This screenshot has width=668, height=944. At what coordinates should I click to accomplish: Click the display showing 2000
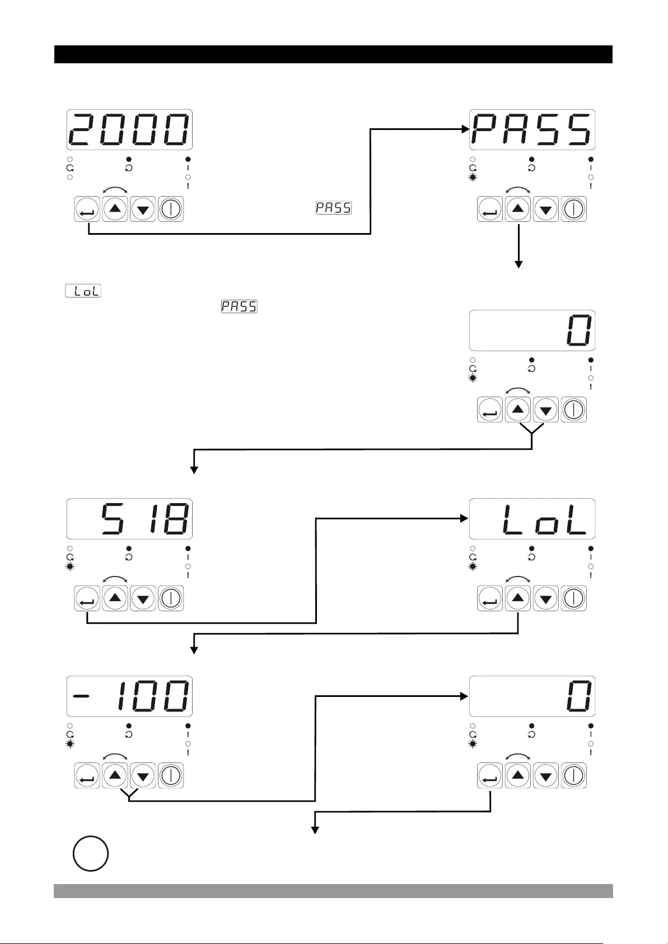[129, 129]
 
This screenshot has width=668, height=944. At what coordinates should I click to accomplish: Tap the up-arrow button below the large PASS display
[518, 210]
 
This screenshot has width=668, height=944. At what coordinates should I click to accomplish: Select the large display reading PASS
[532, 129]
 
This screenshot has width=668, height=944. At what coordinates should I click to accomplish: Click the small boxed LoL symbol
[83, 291]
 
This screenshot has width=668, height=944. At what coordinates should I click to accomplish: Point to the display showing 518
[129, 518]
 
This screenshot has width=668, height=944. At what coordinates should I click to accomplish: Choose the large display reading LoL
[532, 518]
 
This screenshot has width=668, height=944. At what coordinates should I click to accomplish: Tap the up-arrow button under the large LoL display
[518, 598]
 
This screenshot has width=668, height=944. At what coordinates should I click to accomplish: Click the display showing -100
[129, 696]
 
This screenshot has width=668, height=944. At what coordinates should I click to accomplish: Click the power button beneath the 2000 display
[171, 210]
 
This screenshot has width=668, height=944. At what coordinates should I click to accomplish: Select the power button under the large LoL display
[573, 598]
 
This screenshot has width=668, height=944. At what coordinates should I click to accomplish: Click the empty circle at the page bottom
[90, 853]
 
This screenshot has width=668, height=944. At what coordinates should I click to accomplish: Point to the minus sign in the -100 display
[82, 696]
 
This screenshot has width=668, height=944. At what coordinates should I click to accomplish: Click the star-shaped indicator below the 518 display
[69, 567]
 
